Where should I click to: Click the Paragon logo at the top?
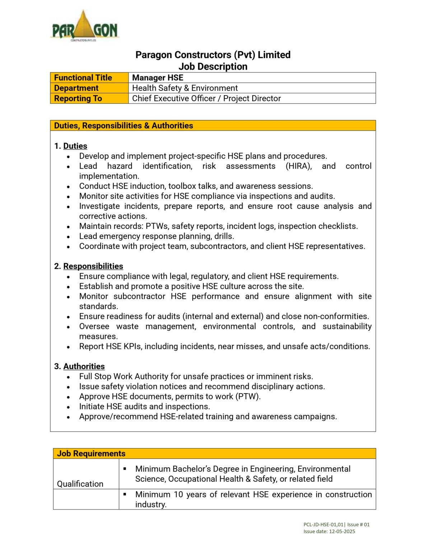pos(85,26)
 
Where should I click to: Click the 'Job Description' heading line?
pos(213,67)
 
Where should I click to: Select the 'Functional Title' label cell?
pos(83,78)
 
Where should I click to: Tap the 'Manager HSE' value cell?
pos(158,78)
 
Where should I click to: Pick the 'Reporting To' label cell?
pos(78,99)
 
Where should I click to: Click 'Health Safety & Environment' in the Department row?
pos(185,88)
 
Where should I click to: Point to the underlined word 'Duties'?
pos(75,146)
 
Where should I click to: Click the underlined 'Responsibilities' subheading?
pos(93,266)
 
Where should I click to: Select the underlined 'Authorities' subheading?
pos(84,366)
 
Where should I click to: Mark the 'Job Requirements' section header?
pos(91,453)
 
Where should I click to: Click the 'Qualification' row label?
pos(80,484)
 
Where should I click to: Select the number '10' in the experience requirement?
pos(178,494)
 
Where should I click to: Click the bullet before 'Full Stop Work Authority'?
pos(68,377)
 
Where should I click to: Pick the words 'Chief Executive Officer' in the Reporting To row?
pos(174,99)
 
